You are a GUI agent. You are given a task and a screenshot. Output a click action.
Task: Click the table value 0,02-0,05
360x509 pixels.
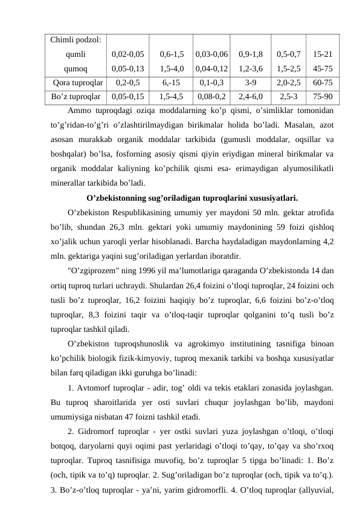tap(127, 54)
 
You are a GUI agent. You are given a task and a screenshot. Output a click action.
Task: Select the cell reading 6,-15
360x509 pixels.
tap(172, 83)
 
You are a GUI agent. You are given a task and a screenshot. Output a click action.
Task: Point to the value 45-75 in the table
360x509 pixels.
tap(321, 68)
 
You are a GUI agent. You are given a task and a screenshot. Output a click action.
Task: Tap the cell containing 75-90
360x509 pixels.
tap(321, 96)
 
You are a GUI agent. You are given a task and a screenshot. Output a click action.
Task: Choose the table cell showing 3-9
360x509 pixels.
tap(250, 83)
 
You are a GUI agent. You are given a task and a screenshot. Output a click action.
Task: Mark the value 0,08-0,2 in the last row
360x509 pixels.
tap(211, 96)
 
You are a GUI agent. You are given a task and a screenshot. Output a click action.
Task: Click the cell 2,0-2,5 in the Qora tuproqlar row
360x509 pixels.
tap(288, 83)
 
